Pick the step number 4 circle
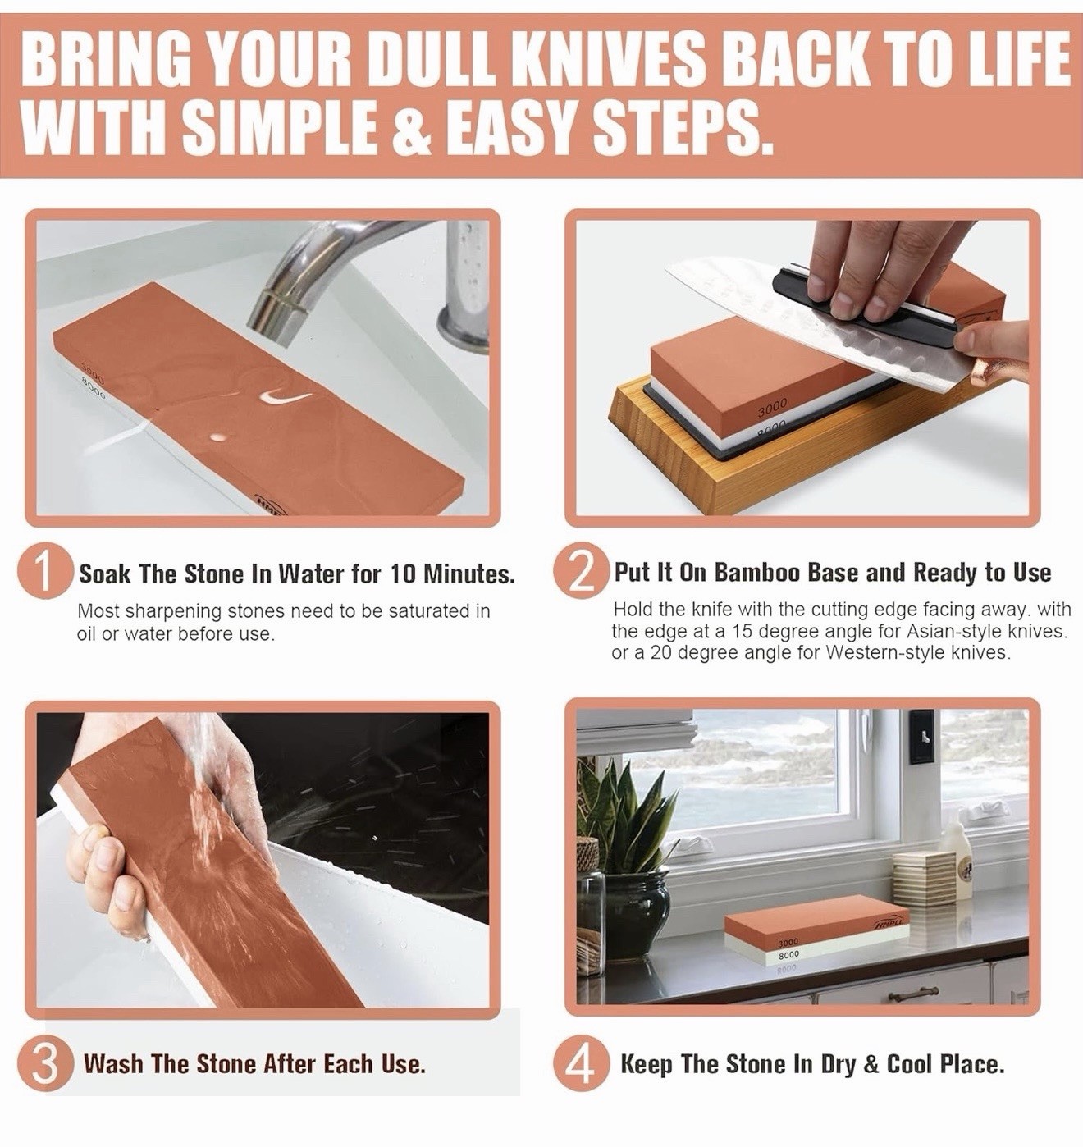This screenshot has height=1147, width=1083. click(x=581, y=1064)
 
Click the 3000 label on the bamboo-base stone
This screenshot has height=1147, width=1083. click(x=772, y=408)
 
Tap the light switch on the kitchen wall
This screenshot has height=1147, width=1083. click(x=921, y=737)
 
